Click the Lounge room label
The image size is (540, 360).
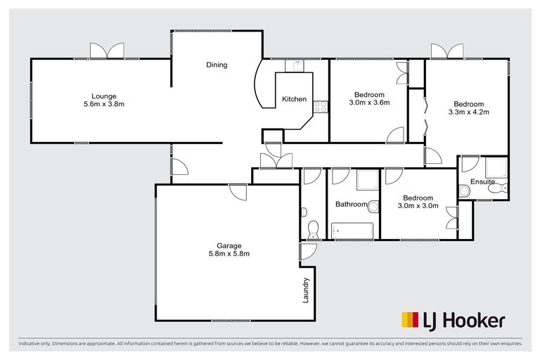(x=103, y=96)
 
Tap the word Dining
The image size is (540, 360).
(x=217, y=65)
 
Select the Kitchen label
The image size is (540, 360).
(x=294, y=99)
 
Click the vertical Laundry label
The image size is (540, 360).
(x=306, y=289)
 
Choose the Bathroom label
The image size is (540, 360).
(x=351, y=205)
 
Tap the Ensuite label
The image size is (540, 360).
(x=482, y=182)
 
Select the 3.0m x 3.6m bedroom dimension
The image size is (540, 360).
(x=369, y=103)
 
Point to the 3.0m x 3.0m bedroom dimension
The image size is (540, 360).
(x=418, y=206)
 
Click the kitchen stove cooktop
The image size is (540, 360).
(x=320, y=107)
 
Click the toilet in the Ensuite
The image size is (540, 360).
(x=464, y=191)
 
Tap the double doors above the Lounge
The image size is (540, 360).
(x=108, y=51)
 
